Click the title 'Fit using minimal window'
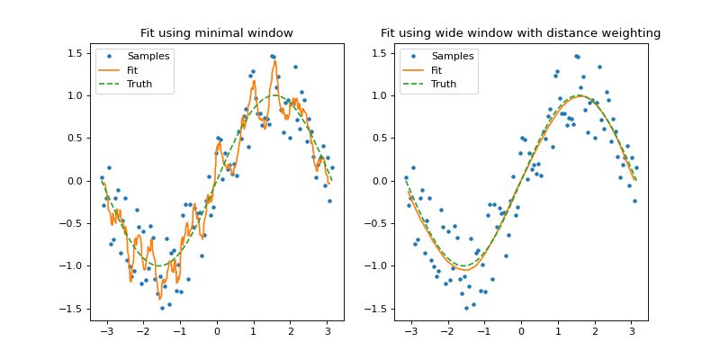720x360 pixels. click(x=216, y=33)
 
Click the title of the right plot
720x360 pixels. click(x=520, y=33)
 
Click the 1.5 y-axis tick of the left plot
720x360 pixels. click(x=74, y=53)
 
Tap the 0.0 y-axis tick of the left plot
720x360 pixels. click(x=74, y=181)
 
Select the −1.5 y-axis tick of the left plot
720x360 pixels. click(x=71, y=309)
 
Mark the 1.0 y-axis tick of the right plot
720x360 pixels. click(x=378, y=95)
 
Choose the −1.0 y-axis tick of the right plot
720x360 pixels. click(x=375, y=266)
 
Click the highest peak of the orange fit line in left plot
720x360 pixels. click(x=274, y=61)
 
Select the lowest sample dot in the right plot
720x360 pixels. click(x=466, y=308)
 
